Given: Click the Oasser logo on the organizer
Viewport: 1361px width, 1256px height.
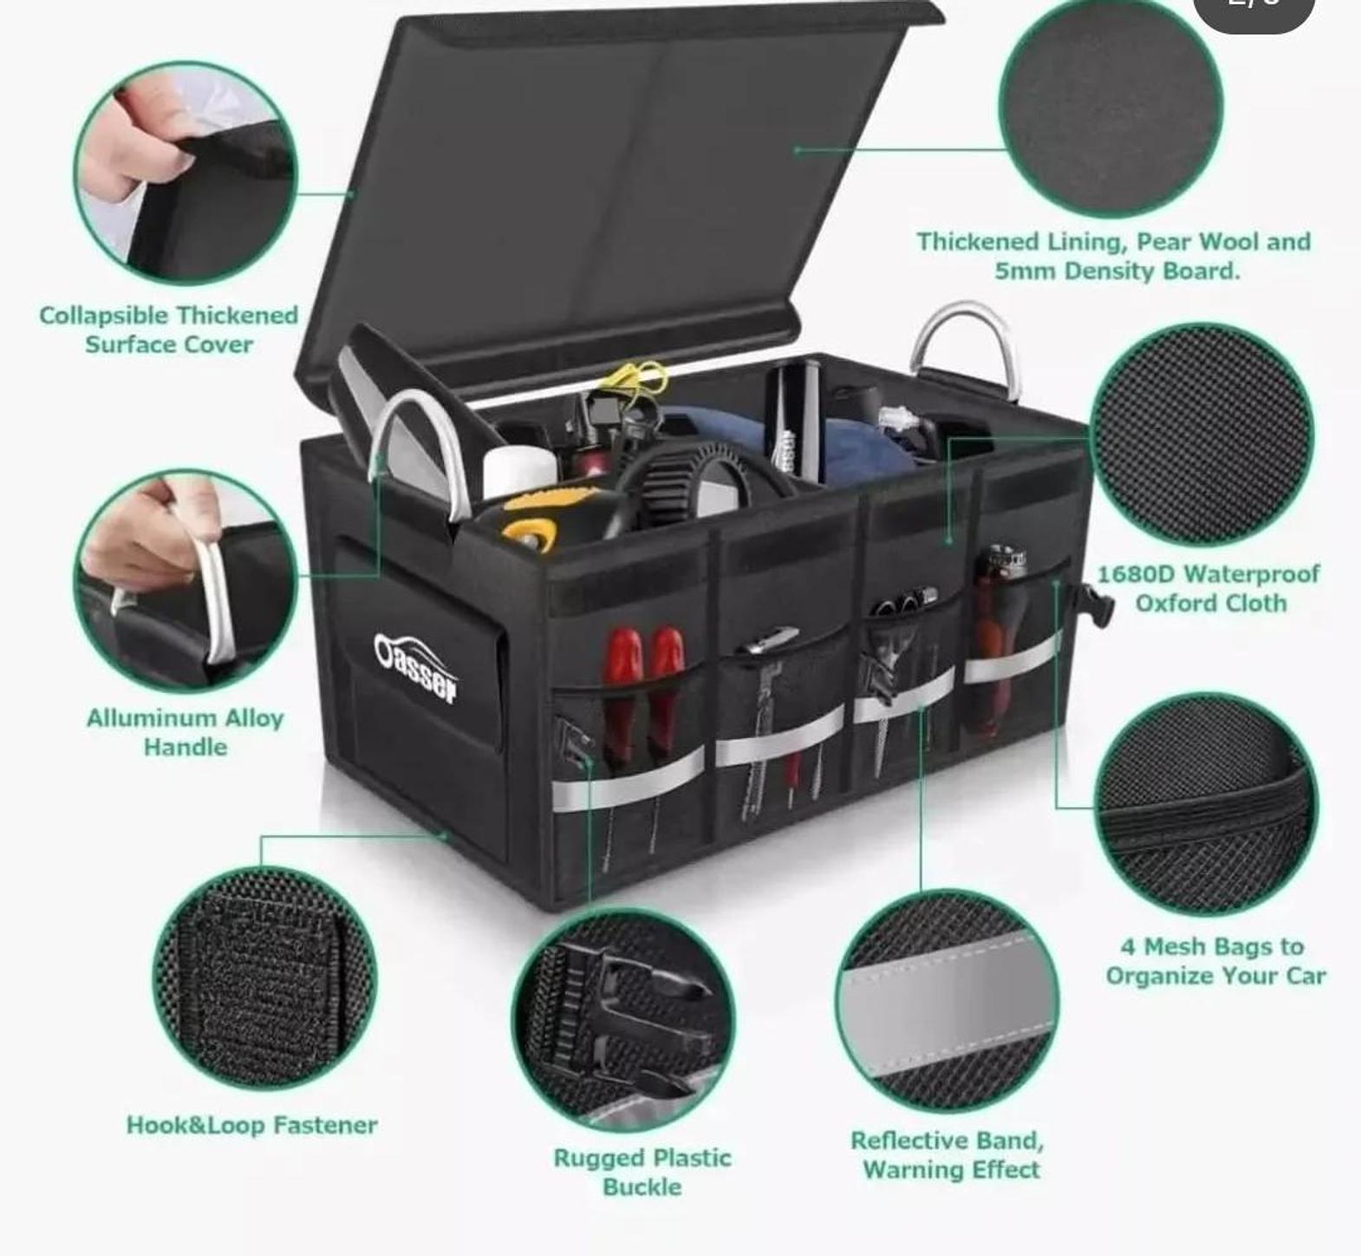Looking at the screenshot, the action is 416,668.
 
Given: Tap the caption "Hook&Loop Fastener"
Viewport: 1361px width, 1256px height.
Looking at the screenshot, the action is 251,1125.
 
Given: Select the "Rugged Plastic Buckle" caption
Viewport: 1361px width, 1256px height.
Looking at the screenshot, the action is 642,1172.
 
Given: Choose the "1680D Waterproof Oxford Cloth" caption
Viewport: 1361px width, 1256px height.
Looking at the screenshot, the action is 1209,588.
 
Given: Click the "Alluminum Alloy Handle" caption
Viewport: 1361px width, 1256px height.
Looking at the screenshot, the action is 186,732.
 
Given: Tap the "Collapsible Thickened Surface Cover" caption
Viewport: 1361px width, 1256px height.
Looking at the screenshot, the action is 168,329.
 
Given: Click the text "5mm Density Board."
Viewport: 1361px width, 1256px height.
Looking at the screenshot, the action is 1117,271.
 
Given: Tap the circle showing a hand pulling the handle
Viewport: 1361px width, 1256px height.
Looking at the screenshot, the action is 186,580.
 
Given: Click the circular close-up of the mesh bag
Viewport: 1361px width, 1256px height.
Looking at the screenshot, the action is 1207,803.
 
